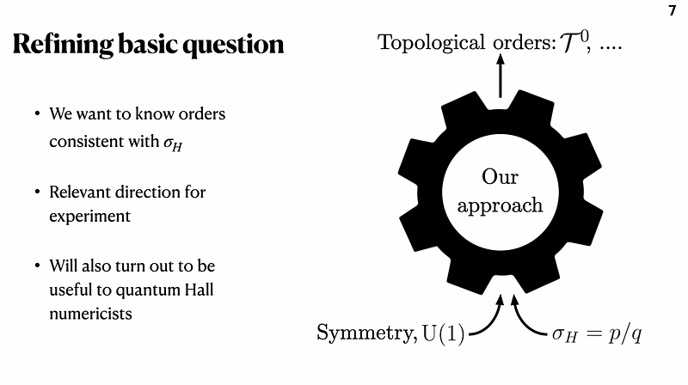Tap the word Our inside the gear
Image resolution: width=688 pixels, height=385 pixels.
pos(500,177)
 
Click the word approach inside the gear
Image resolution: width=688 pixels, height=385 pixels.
pos(500,205)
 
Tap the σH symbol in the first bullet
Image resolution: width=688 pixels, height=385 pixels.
pos(173,144)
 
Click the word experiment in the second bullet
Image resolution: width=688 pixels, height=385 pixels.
pos(89,216)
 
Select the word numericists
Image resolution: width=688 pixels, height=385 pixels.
pos(90,314)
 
